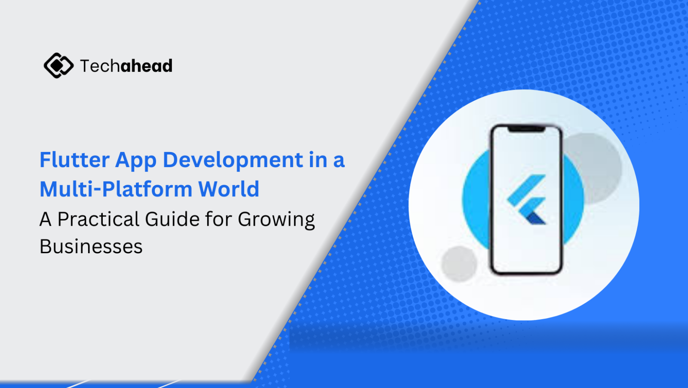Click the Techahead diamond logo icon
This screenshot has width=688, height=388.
pos(58,65)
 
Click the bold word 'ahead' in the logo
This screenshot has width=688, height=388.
pos(147,65)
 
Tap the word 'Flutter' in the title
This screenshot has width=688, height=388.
pos(75,160)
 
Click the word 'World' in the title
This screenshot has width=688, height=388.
pos(229,188)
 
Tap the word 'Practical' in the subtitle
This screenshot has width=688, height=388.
pos(98,219)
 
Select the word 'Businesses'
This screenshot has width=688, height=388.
pos(91,246)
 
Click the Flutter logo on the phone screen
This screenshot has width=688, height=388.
pos(526,199)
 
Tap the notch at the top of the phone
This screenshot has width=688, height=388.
pos(526,129)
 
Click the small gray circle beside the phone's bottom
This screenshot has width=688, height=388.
pos(459,264)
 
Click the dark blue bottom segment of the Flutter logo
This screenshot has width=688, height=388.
pos(536,218)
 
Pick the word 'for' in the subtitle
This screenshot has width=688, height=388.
pos(218,219)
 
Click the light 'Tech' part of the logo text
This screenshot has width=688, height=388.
pos(100,65)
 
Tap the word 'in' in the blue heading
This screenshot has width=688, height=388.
pos(318,160)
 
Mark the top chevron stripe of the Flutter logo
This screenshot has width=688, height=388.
pos(526,189)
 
